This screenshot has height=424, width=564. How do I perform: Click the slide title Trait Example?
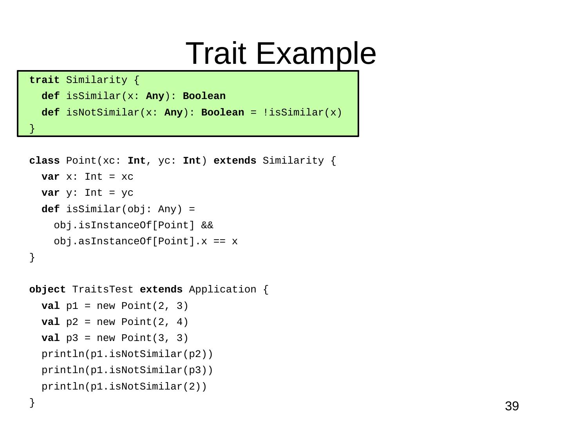pos(280,53)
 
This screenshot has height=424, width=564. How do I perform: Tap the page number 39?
pos(512,406)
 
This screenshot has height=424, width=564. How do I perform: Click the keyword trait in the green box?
pos(44,80)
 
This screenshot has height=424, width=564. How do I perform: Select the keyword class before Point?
pos(44,161)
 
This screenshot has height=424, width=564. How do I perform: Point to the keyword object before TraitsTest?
pos(47,290)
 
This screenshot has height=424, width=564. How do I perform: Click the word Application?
pos(222,290)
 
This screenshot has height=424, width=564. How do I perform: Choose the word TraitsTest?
pos(103,290)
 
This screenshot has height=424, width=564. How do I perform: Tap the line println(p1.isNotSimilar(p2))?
pos(127,354)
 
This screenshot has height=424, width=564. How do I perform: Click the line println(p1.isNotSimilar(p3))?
pos(127,370)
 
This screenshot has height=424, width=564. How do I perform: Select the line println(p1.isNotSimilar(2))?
pos(124,387)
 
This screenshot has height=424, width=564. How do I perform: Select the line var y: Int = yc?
pos(87,193)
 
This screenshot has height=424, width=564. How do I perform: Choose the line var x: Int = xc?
pos(87,177)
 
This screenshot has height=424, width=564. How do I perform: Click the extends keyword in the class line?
pos(235,161)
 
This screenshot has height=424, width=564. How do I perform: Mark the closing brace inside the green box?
pos(32,128)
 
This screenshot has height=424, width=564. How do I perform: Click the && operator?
pos(207,226)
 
